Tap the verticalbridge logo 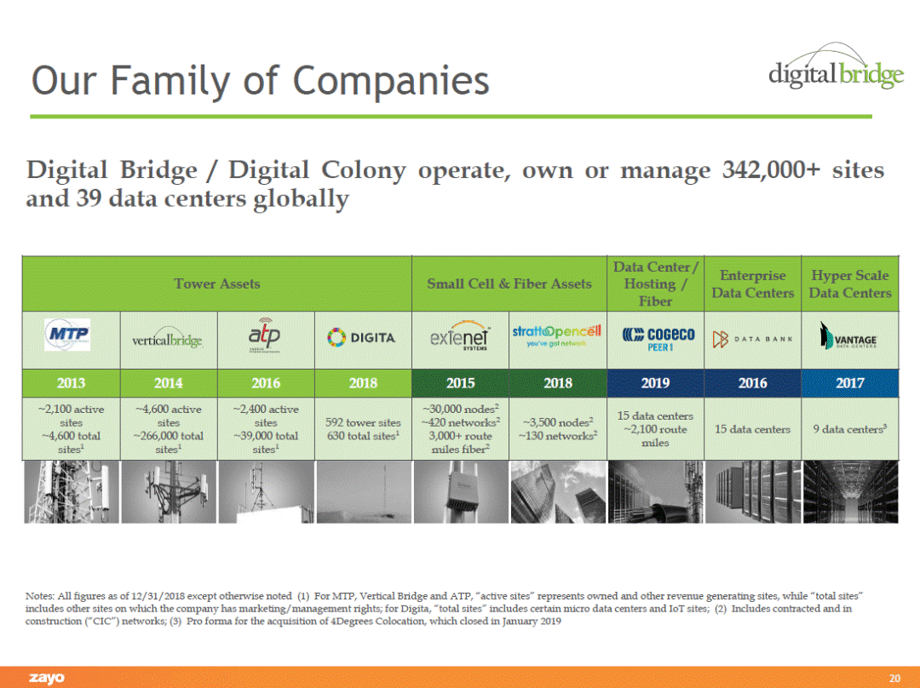(168, 339)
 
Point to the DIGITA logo (363, 338)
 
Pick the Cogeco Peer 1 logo (655, 338)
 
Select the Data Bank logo (752, 338)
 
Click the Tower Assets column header (217, 284)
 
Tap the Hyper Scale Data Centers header (849, 284)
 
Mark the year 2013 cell (71, 382)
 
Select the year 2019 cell (655, 382)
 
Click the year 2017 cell (849, 382)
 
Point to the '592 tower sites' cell (363, 429)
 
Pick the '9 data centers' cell (849, 429)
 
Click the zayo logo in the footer (47, 678)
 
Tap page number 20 (894, 678)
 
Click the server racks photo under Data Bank (752, 491)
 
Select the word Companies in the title (391, 81)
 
